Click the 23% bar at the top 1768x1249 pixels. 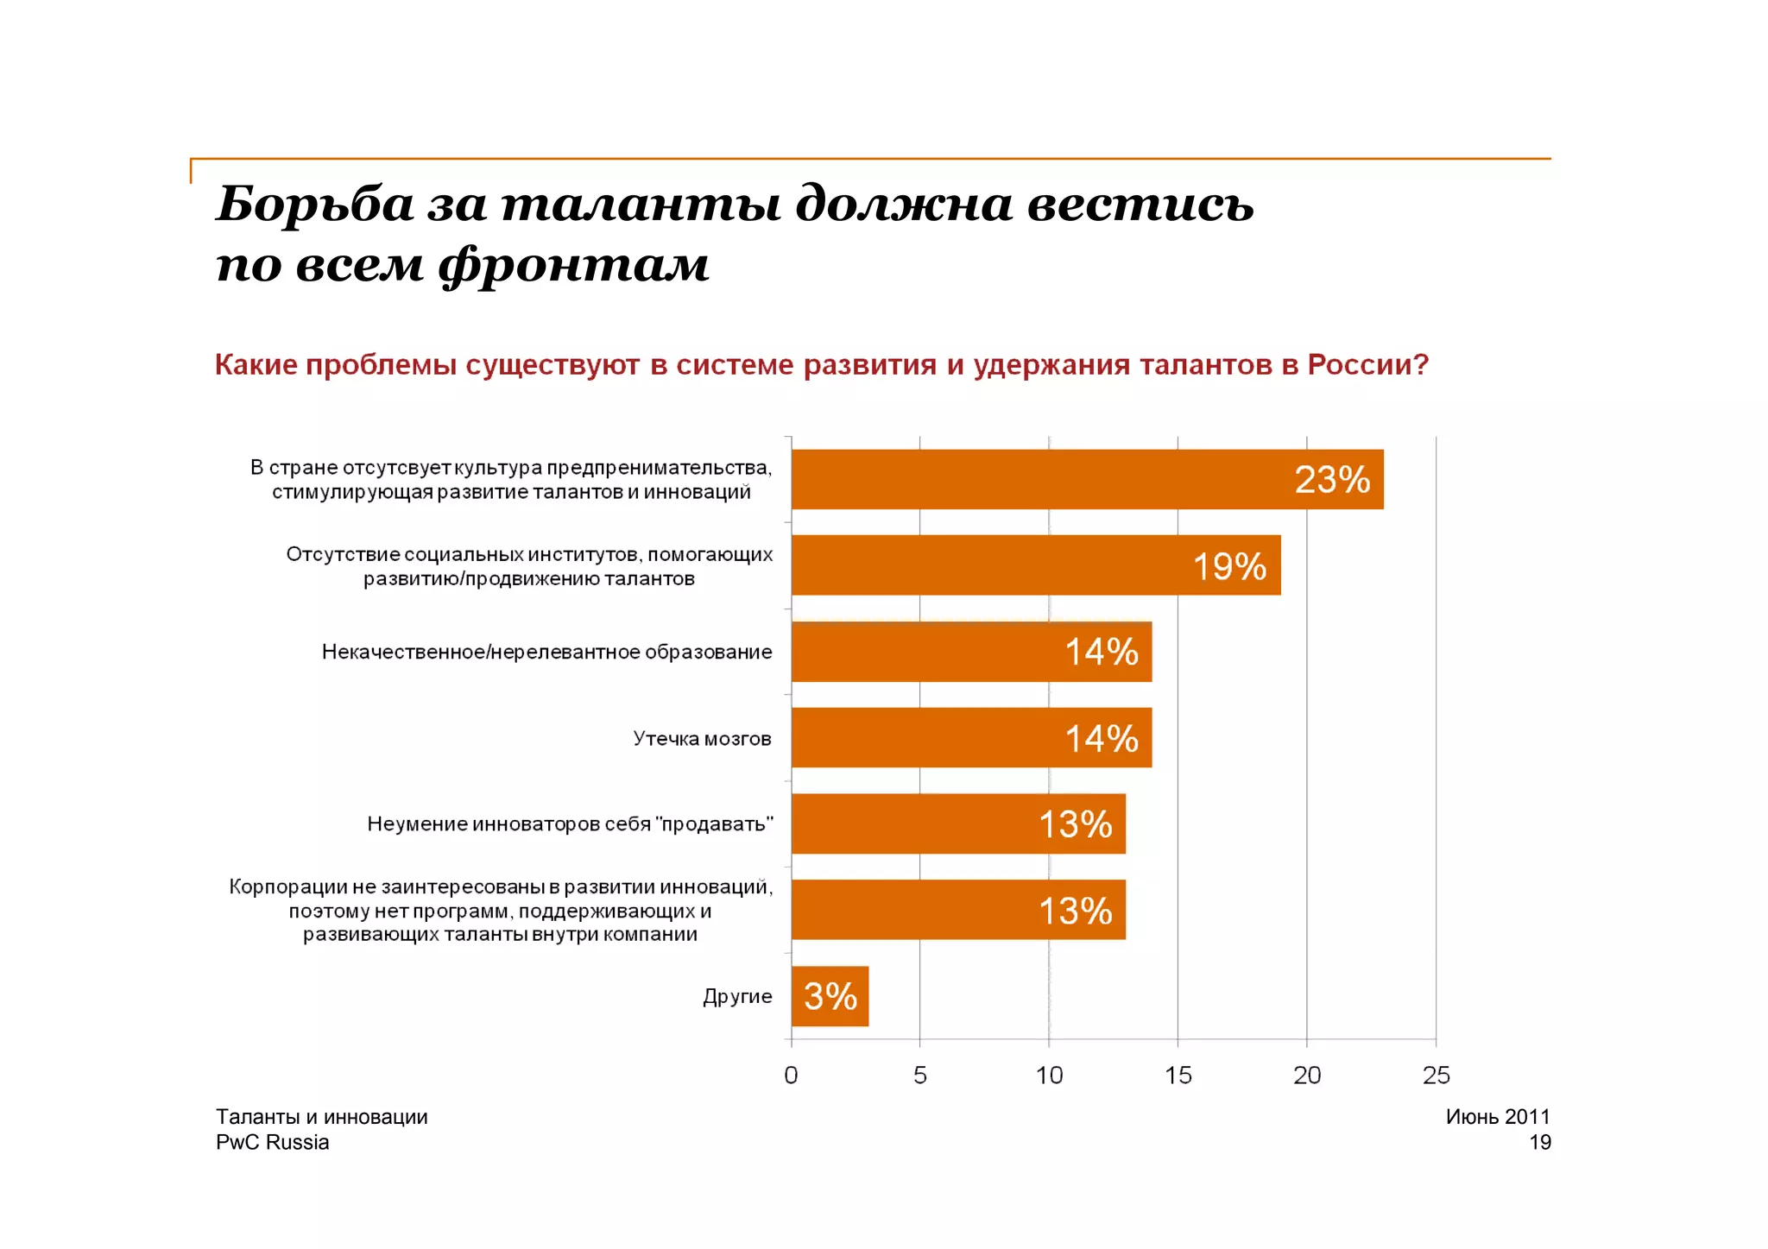click(x=1086, y=479)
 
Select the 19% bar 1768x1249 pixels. click(x=1035, y=565)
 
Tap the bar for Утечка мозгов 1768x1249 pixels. click(x=970, y=738)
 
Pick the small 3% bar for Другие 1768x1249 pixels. click(x=829, y=996)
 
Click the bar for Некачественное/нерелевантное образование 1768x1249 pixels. click(x=970, y=652)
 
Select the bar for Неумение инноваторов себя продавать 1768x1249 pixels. click(x=957, y=823)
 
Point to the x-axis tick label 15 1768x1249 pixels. click(x=1178, y=1076)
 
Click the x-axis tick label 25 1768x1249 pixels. click(x=1436, y=1076)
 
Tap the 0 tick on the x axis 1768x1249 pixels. click(x=791, y=1076)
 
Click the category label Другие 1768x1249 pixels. click(x=737, y=997)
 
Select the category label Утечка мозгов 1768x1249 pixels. click(x=702, y=739)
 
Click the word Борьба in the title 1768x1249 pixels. click(x=314, y=205)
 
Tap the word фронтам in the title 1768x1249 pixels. click(x=573, y=264)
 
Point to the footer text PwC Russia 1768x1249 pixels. click(x=272, y=1143)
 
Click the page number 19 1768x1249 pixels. click(x=1539, y=1143)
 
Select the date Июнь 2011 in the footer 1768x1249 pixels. click(x=1497, y=1117)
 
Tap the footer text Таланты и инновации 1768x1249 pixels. click(x=321, y=1117)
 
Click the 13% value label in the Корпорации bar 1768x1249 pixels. click(x=1075, y=911)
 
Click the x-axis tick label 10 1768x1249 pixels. click(x=1049, y=1076)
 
